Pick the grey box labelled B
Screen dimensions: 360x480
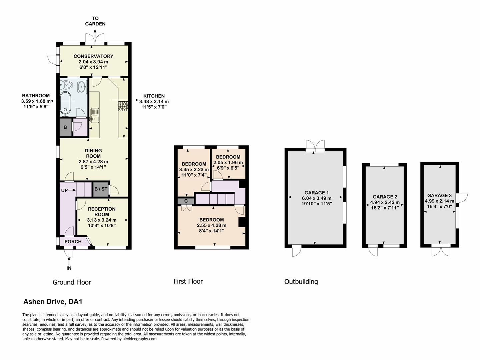[x=65, y=127]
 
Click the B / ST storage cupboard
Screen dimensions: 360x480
[x=101, y=189]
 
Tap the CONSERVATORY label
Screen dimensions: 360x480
[x=93, y=56]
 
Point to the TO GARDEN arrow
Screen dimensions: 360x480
[x=95, y=33]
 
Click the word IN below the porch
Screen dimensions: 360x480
[x=69, y=268]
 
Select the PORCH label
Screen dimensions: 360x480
[x=73, y=242]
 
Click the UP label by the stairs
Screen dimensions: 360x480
[x=64, y=190]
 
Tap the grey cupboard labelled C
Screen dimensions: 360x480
[x=186, y=201]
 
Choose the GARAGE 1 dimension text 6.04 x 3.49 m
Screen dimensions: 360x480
[x=317, y=198]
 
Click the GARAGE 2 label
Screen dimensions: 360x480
[x=385, y=197]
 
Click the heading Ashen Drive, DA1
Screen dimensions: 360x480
[x=53, y=302]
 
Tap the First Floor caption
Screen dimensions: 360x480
[x=188, y=281]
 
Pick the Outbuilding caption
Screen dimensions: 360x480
[x=301, y=282]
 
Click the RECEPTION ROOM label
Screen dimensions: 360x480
[x=102, y=212]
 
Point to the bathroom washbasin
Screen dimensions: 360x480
[x=82, y=87]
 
